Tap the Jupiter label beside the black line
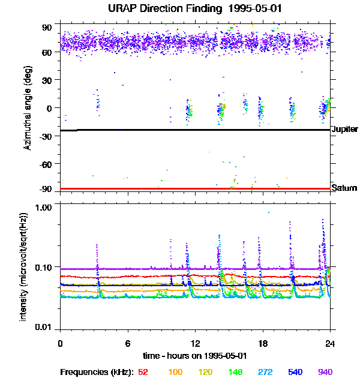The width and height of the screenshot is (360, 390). tap(345, 130)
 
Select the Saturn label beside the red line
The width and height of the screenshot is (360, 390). tap(345, 188)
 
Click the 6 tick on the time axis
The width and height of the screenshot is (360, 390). tap(128, 343)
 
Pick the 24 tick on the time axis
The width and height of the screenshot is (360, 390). tap(330, 343)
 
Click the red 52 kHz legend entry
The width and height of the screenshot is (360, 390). tap(143, 372)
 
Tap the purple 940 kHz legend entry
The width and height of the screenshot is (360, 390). tap(325, 372)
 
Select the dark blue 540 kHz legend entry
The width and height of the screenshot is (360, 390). tap(296, 372)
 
